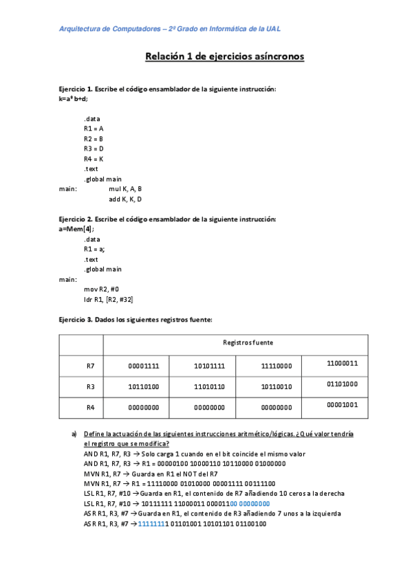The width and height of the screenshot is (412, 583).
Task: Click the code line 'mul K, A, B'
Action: [125, 188]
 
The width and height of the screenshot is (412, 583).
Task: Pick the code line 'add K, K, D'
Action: [125, 199]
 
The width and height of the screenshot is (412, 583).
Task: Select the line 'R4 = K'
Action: [94, 159]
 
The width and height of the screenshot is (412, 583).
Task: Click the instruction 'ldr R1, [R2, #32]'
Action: [109, 299]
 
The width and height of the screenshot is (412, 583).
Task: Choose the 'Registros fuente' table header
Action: [244, 342]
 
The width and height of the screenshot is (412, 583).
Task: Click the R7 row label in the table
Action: [90, 366]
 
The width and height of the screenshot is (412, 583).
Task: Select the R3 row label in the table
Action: [90, 386]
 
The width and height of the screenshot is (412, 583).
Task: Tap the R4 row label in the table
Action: [90, 407]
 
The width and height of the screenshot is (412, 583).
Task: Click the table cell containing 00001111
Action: [144, 366]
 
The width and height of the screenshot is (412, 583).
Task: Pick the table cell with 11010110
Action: [210, 386]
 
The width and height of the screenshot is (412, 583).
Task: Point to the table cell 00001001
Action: [343, 405]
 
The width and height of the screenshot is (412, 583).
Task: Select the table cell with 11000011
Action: [343, 362]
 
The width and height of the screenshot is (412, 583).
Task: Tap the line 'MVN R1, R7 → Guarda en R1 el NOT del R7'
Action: [151, 474]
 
